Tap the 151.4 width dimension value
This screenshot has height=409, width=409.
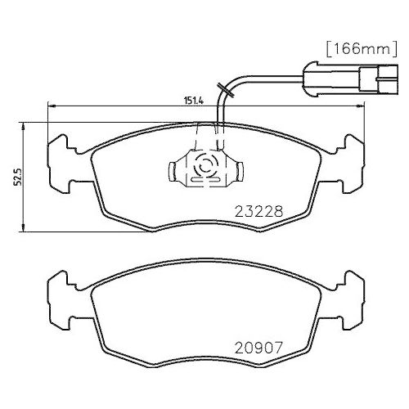[193, 101]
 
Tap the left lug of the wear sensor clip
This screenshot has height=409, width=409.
[174, 170]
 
